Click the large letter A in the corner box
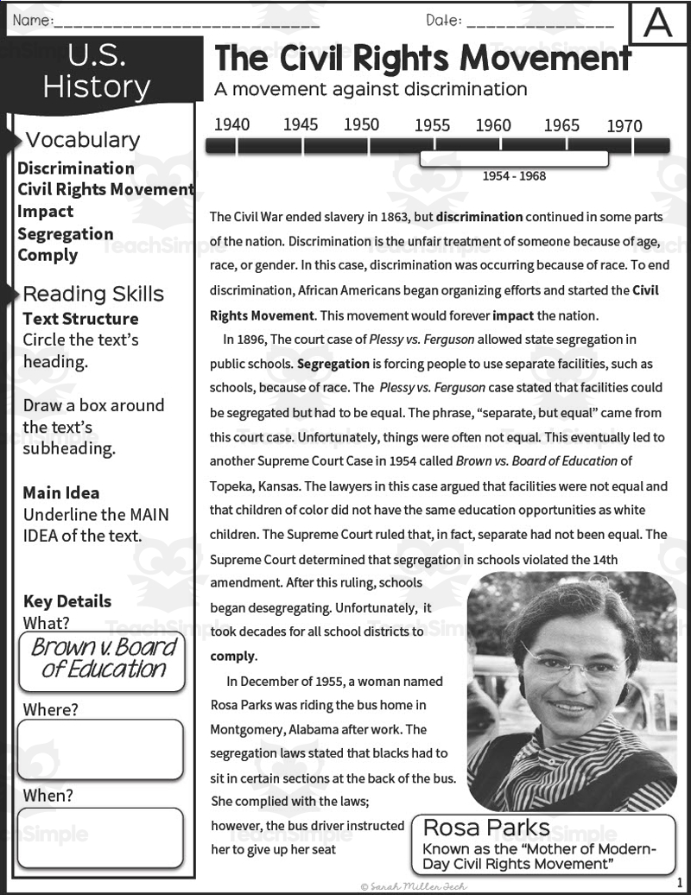tap(658, 22)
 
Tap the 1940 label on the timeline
tap(231, 124)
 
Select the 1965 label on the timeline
tap(561, 125)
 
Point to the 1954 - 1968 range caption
tap(514, 176)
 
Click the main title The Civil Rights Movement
tap(422, 58)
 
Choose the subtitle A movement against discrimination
tap(371, 89)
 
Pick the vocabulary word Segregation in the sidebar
tap(66, 234)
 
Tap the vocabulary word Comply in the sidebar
tap(48, 255)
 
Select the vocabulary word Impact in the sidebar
tap(46, 212)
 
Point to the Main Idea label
tap(61, 493)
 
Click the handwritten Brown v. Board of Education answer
tap(103, 659)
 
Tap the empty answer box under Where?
tap(100, 749)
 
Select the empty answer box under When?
tap(100, 835)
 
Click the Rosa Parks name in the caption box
tap(486, 828)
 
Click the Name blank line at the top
tap(186, 21)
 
